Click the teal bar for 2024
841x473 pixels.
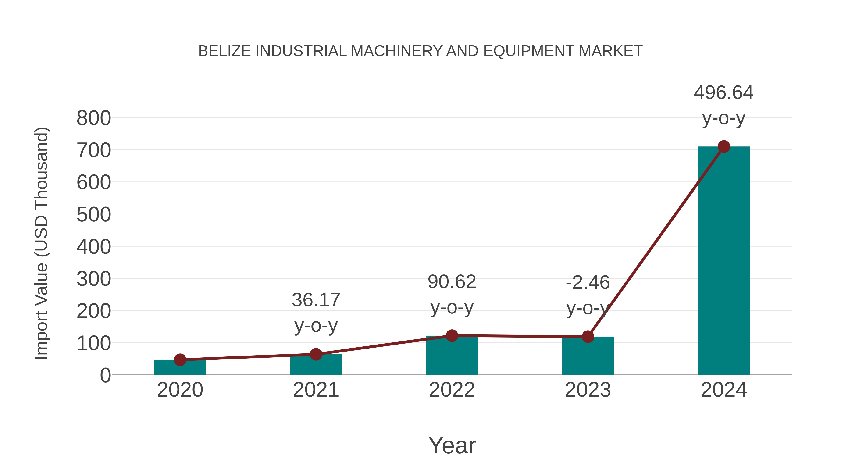[x=723, y=261]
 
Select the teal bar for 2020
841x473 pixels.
[x=180, y=368]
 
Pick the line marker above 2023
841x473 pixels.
[x=588, y=337]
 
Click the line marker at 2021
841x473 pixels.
[x=316, y=354]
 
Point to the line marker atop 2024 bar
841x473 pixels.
[x=724, y=146]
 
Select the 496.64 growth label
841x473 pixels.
[x=723, y=93]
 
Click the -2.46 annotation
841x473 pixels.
[x=588, y=283]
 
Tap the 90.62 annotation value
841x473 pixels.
[x=452, y=282]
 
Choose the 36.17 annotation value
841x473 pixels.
[x=316, y=300]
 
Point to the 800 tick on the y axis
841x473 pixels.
[x=94, y=118]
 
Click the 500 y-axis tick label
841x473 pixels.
[x=94, y=215]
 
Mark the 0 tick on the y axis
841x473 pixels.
[x=105, y=375]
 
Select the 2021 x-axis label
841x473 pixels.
[x=316, y=390]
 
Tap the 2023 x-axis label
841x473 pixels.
[x=588, y=390]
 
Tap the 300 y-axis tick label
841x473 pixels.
[x=94, y=279]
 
